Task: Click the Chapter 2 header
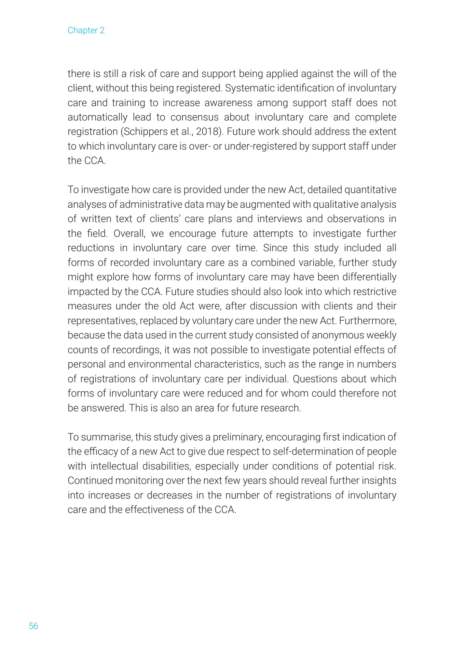pos(86,30)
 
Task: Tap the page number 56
pos(33,626)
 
